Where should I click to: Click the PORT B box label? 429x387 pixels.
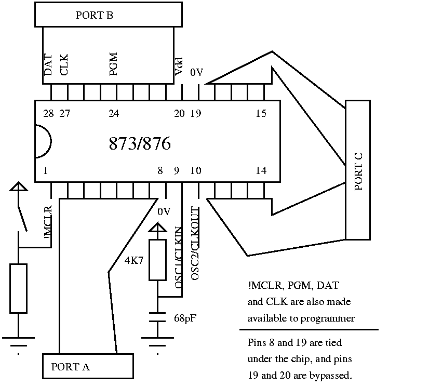click(94, 15)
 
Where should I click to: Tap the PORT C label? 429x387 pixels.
click(358, 170)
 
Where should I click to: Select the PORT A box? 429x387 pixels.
click(87, 366)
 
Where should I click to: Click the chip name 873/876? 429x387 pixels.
click(140, 143)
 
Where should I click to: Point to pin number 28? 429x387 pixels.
click(48, 114)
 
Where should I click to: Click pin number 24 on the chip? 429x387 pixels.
click(114, 114)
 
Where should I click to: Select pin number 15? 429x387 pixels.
click(261, 114)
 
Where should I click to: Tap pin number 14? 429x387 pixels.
click(261, 170)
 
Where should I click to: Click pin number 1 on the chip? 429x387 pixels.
click(47, 170)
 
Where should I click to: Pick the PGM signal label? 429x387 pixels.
click(114, 64)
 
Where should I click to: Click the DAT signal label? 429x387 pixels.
click(48, 66)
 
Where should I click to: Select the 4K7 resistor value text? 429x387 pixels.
click(134, 261)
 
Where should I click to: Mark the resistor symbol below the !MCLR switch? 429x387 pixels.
click(18, 288)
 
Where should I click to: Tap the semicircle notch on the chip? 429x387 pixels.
click(43, 141)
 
